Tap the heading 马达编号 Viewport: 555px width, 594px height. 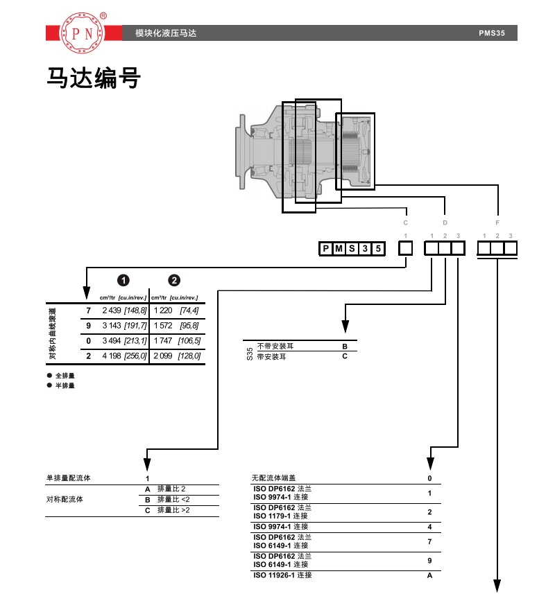pos(93,78)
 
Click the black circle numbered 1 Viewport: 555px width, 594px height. pos(123,281)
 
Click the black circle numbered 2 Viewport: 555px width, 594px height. pos(173,281)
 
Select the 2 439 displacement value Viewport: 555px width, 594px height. pos(111,311)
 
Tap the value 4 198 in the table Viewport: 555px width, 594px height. pos(111,356)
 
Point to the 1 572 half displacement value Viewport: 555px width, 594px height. pos(162,326)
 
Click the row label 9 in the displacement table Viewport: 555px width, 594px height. pos(88,326)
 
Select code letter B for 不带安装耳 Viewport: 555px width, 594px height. pos(344,345)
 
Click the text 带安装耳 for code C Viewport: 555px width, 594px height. pos(271,356)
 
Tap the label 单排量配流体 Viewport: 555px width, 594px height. pos(68,478)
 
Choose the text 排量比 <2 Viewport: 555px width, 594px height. pos(173,499)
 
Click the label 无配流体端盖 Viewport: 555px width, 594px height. pos(273,478)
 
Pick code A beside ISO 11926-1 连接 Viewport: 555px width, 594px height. pos(429,575)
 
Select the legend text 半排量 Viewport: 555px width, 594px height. pos(65,385)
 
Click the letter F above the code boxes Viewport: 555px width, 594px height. pos(497,223)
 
